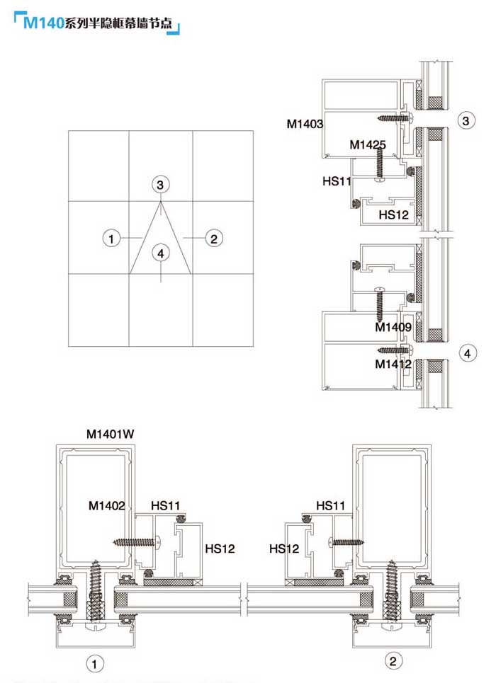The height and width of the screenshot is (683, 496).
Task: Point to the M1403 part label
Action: (305, 124)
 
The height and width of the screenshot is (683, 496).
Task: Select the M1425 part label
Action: (368, 145)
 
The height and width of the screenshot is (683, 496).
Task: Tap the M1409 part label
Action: (393, 327)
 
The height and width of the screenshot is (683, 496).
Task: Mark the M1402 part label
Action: (107, 505)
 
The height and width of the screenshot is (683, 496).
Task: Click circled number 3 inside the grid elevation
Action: (162, 185)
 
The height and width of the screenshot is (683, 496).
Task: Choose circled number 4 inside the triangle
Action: (162, 253)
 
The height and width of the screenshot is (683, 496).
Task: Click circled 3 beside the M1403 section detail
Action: (466, 121)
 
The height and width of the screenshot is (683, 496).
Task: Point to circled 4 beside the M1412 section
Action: (466, 352)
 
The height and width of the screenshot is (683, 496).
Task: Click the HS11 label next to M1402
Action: (166, 506)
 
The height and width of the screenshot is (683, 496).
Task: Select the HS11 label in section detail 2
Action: (331, 505)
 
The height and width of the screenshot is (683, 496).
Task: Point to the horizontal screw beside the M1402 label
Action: (137, 542)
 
